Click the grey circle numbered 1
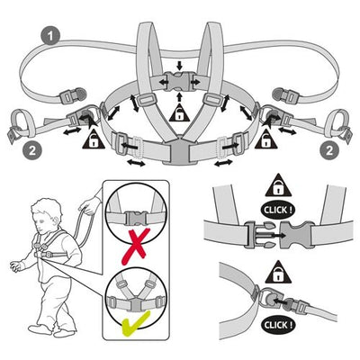click(50, 36)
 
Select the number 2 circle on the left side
click(31, 150)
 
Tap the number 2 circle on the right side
click(329, 150)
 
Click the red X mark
click(136, 247)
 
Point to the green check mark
click(135, 323)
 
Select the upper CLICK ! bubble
click(278, 210)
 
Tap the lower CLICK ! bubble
click(278, 325)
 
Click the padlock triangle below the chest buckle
click(179, 113)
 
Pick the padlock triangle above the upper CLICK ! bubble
click(278, 186)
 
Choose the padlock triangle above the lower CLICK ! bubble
click(278, 273)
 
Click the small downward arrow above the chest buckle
click(179, 65)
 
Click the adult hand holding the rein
click(89, 206)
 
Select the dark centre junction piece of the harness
click(179, 149)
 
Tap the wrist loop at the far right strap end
click(338, 123)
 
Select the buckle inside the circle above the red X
click(137, 218)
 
